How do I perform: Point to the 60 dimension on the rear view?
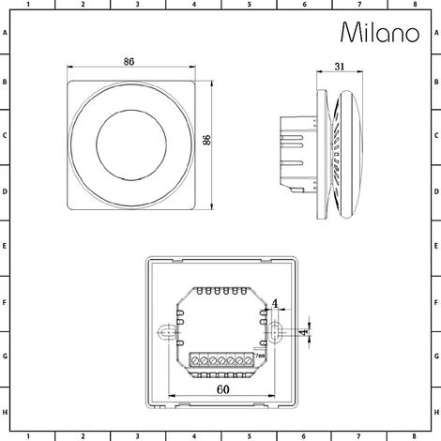point(220,396)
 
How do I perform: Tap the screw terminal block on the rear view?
point(220,359)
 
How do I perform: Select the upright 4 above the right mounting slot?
point(274,303)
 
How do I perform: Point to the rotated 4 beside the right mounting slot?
point(303,331)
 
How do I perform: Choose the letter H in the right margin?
point(434,413)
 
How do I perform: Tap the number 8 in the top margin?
point(414,5)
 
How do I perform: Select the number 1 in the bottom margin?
point(28,435)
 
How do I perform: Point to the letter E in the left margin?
point(6,248)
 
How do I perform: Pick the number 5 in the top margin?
point(249,5)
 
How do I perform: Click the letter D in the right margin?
point(434,193)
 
